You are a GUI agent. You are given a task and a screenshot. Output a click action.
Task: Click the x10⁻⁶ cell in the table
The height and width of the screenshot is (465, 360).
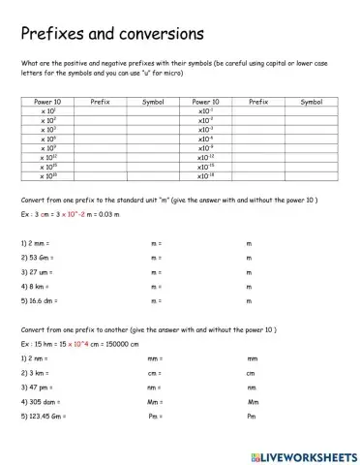click(x=205, y=139)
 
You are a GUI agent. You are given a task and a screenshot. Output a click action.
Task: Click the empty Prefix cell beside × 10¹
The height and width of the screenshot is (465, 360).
click(x=100, y=110)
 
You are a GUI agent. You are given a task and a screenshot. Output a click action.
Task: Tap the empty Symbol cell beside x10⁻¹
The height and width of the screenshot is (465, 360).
click(x=312, y=110)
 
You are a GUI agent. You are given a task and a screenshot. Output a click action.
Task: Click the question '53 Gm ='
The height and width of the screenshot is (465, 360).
click(x=37, y=259)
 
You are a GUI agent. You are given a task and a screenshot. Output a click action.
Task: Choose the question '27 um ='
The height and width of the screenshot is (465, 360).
click(x=37, y=273)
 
